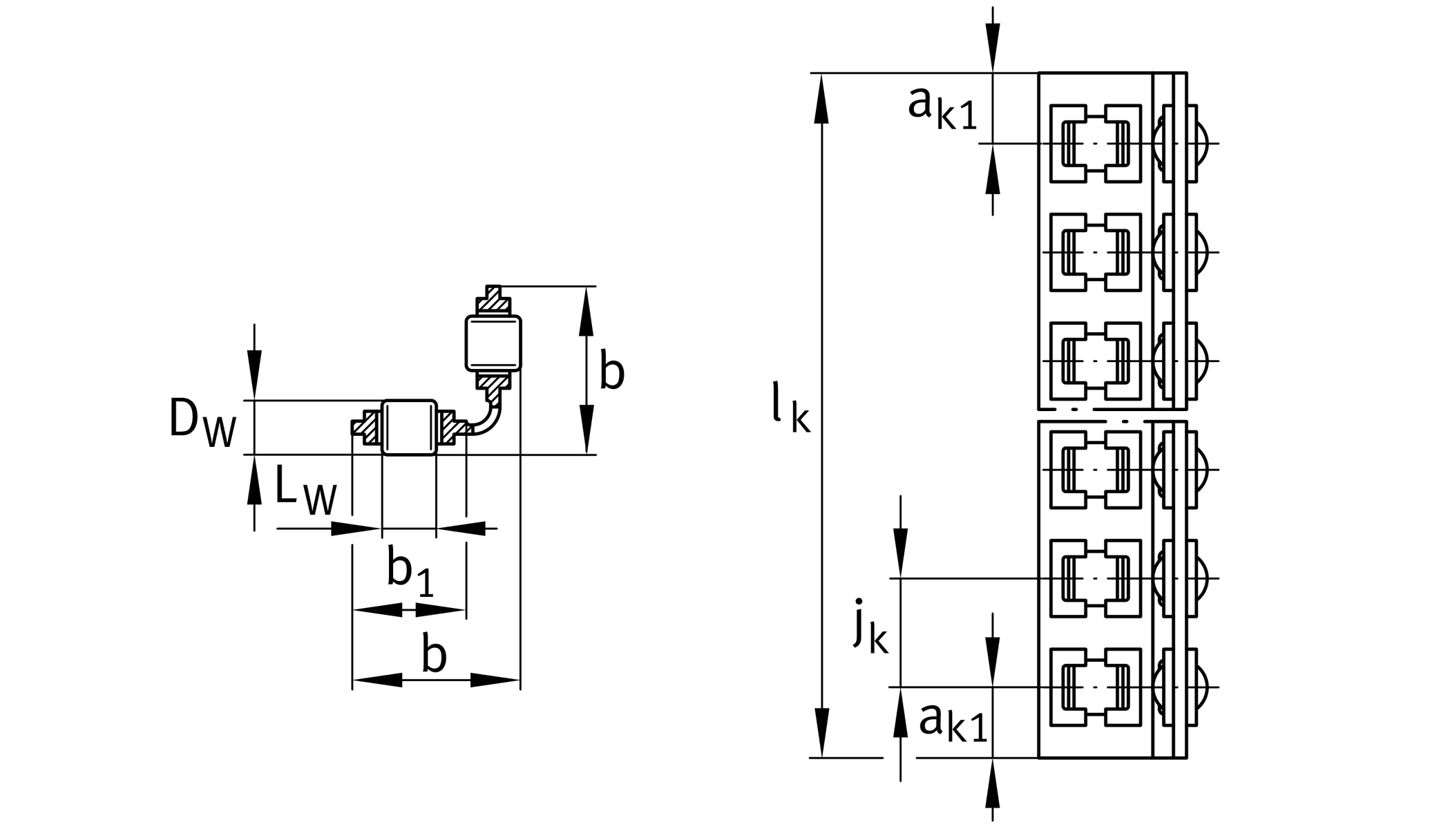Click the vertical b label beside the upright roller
point(611,371)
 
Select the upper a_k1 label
point(942,107)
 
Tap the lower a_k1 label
point(952,722)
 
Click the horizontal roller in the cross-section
point(409,427)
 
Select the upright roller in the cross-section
point(493,343)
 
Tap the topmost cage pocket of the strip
point(1095,144)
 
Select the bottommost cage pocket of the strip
point(1095,687)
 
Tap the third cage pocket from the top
point(1095,361)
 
